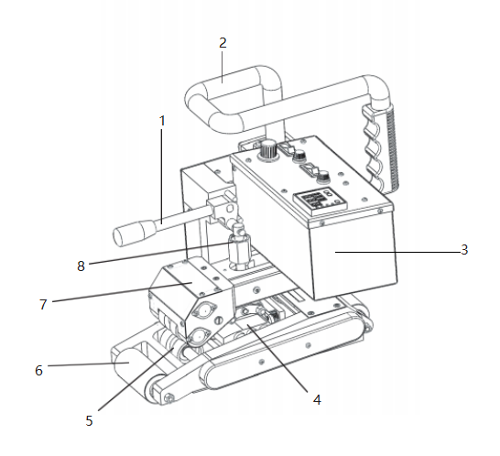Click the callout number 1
coord(162,121)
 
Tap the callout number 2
coord(223,43)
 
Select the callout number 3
coord(464,250)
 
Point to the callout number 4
coord(317,399)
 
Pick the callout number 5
coord(90,421)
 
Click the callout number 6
coord(38,371)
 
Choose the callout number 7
coord(43,305)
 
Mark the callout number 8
coord(81,266)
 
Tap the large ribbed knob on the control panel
coord(269,149)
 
